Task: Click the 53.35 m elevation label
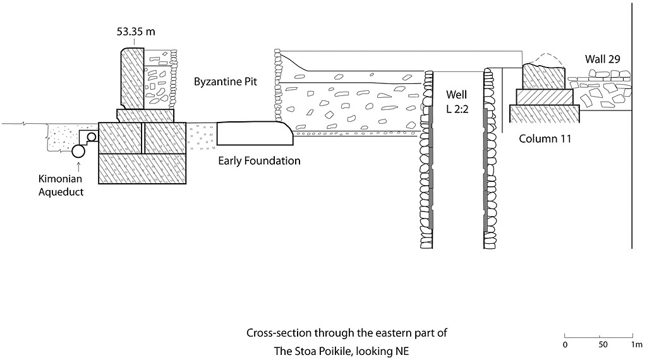point(136,33)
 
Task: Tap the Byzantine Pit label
point(226,82)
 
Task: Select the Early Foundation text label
point(259,160)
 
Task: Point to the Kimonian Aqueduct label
point(61,186)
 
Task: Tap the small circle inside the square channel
point(92,136)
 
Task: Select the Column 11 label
point(545,138)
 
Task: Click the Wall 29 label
point(602,59)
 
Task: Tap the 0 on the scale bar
point(565,345)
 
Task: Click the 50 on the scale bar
point(603,345)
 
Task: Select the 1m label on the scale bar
point(636,345)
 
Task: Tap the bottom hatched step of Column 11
point(545,113)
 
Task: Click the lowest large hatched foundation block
point(143,168)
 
